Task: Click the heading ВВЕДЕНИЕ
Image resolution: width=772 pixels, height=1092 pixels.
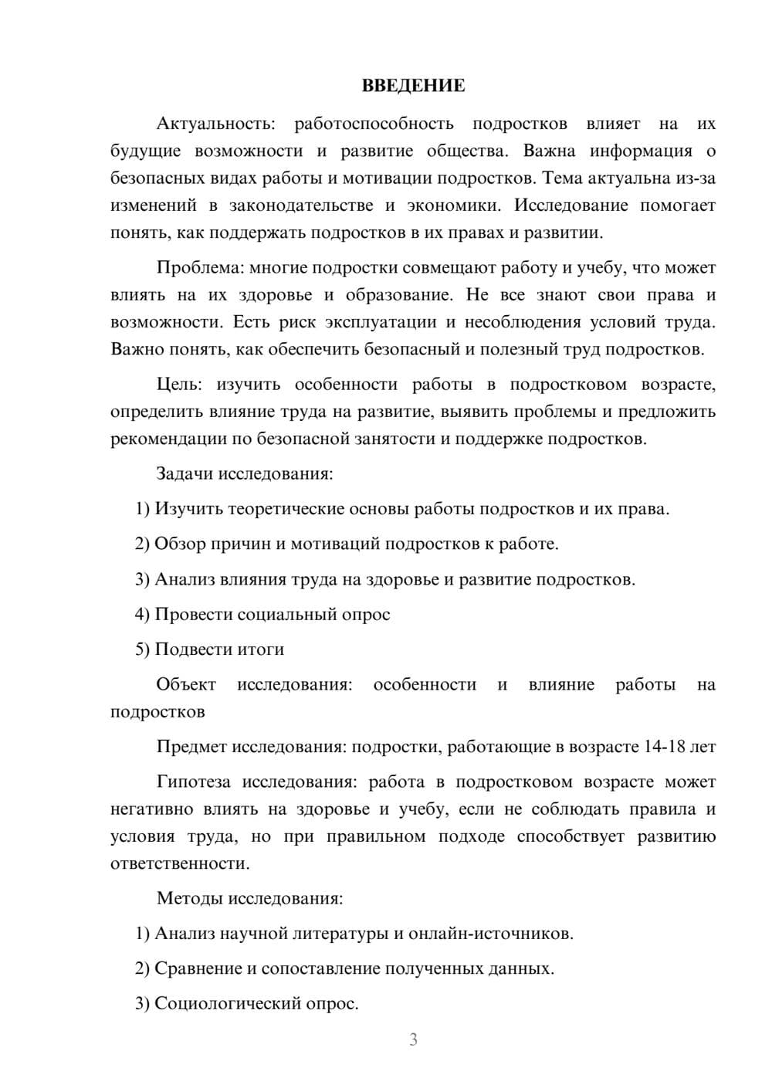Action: [413, 86]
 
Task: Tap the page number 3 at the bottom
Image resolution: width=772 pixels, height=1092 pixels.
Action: [413, 1039]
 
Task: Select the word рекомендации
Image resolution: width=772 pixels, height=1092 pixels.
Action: [168, 439]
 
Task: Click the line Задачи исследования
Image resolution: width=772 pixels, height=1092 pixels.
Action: [245, 473]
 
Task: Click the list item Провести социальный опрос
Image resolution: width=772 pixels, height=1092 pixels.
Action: [262, 614]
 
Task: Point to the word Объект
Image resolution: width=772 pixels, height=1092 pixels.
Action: [186, 684]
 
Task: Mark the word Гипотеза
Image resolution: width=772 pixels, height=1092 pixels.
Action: [193, 782]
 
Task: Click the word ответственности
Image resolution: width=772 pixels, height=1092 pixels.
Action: [180, 863]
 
